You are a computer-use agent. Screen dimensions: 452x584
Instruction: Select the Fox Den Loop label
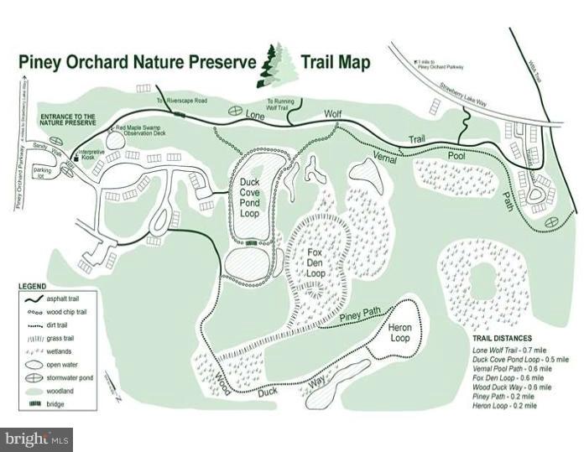(x=315, y=262)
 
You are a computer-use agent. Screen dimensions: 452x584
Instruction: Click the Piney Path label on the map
(x=361, y=316)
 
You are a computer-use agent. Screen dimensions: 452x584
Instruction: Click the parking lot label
(x=43, y=173)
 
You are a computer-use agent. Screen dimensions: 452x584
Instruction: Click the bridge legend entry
(x=61, y=404)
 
